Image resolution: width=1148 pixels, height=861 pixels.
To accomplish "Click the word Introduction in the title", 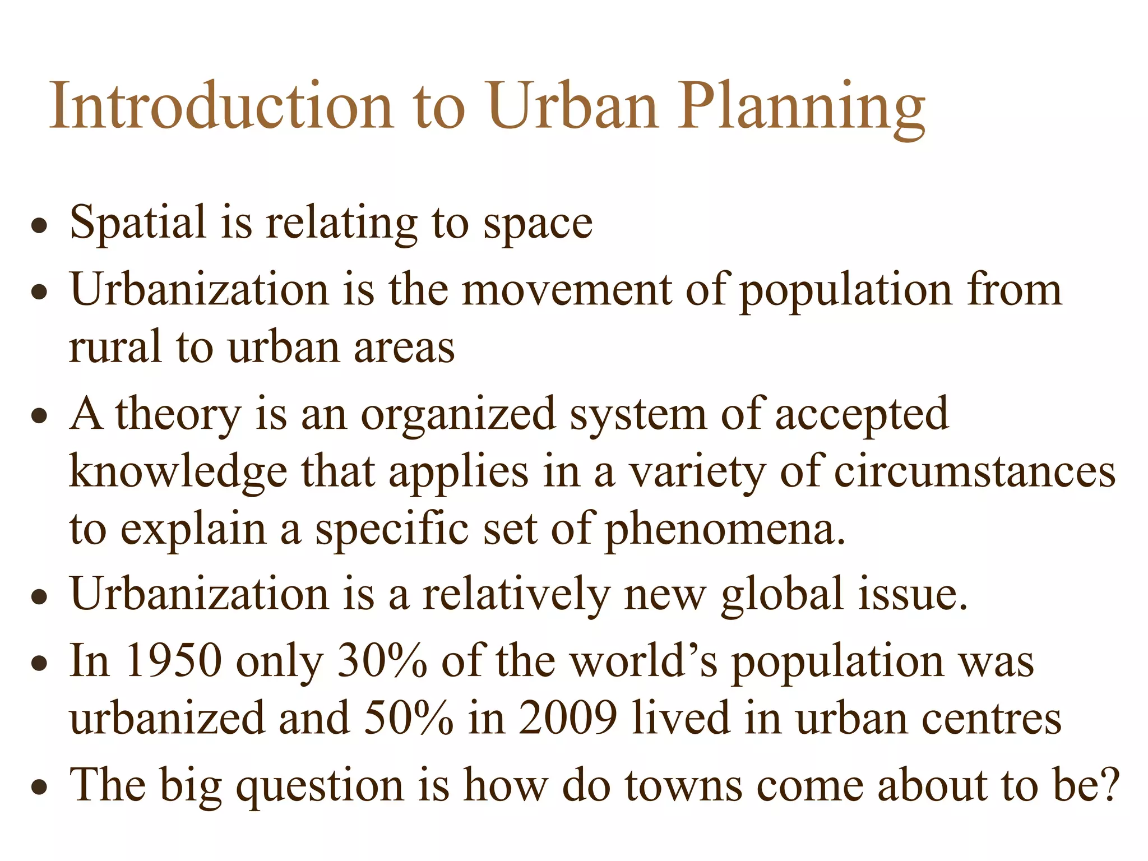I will click(221, 107).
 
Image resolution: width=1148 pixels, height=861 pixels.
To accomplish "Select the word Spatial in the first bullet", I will click(138, 223).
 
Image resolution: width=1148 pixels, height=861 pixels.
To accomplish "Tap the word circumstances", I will click(975, 473).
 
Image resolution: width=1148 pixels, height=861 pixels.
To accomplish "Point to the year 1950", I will click(174, 661).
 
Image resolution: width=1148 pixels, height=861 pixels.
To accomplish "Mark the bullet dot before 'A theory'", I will click(39, 417).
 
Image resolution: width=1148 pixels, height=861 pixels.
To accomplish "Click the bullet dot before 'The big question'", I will click(39, 787).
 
